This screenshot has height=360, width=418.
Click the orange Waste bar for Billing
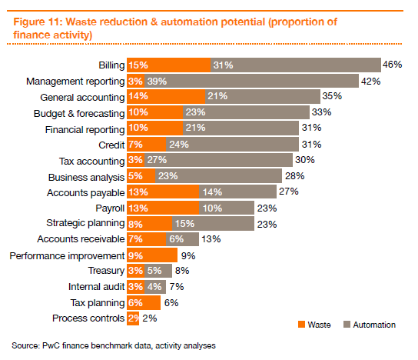coord(168,65)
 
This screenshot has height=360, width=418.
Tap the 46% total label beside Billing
coord(393,65)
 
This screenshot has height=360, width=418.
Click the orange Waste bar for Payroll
coord(163,208)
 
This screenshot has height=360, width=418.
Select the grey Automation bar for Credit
coord(232,145)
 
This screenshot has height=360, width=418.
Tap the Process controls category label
coord(88,318)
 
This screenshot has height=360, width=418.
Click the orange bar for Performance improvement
coord(152,255)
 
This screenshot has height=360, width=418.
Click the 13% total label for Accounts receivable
coord(211,239)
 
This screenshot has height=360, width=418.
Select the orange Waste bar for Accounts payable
coord(163,192)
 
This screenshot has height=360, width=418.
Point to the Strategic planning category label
coord(84,224)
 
